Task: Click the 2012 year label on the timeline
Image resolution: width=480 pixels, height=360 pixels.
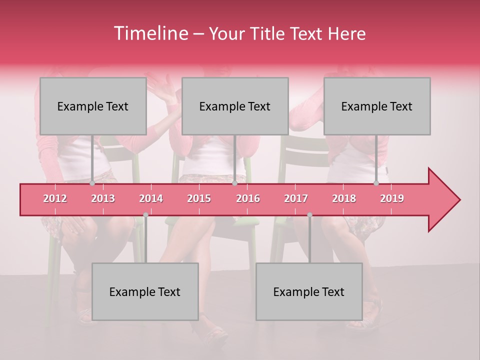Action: click(x=55, y=198)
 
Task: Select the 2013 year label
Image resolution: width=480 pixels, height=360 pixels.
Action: click(x=103, y=198)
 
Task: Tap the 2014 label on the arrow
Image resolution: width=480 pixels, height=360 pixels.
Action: click(x=151, y=198)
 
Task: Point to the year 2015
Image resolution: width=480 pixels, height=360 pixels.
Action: click(x=199, y=198)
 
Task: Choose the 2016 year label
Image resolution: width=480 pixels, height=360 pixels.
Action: click(x=248, y=198)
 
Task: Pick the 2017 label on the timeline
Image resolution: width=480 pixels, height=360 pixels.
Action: click(x=296, y=198)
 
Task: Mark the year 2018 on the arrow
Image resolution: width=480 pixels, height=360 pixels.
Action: click(x=344, y=198)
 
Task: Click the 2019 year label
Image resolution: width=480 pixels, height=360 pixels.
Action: click(x=392, y=198)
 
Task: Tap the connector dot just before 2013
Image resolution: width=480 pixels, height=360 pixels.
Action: click(x=92, y=183)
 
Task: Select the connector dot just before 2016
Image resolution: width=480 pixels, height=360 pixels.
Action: click(x=234, y=183)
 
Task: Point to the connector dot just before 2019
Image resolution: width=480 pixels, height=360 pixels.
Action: click(x=376, y=183)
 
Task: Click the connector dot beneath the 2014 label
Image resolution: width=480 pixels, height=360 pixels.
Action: click(x=145, y=215)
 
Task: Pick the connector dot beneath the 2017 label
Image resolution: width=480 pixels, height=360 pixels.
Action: click(x=309, y=215)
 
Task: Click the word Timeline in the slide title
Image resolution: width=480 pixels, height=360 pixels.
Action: click(x=150, y=33)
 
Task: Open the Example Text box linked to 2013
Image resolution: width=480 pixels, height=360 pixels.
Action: click(x=93, y=106)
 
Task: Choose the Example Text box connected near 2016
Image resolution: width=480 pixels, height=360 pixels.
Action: click(x=235, y=106)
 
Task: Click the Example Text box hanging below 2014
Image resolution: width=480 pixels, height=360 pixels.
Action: click(x=145, y=291)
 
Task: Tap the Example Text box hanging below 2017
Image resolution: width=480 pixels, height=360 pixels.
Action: click(x=309, y=291)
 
